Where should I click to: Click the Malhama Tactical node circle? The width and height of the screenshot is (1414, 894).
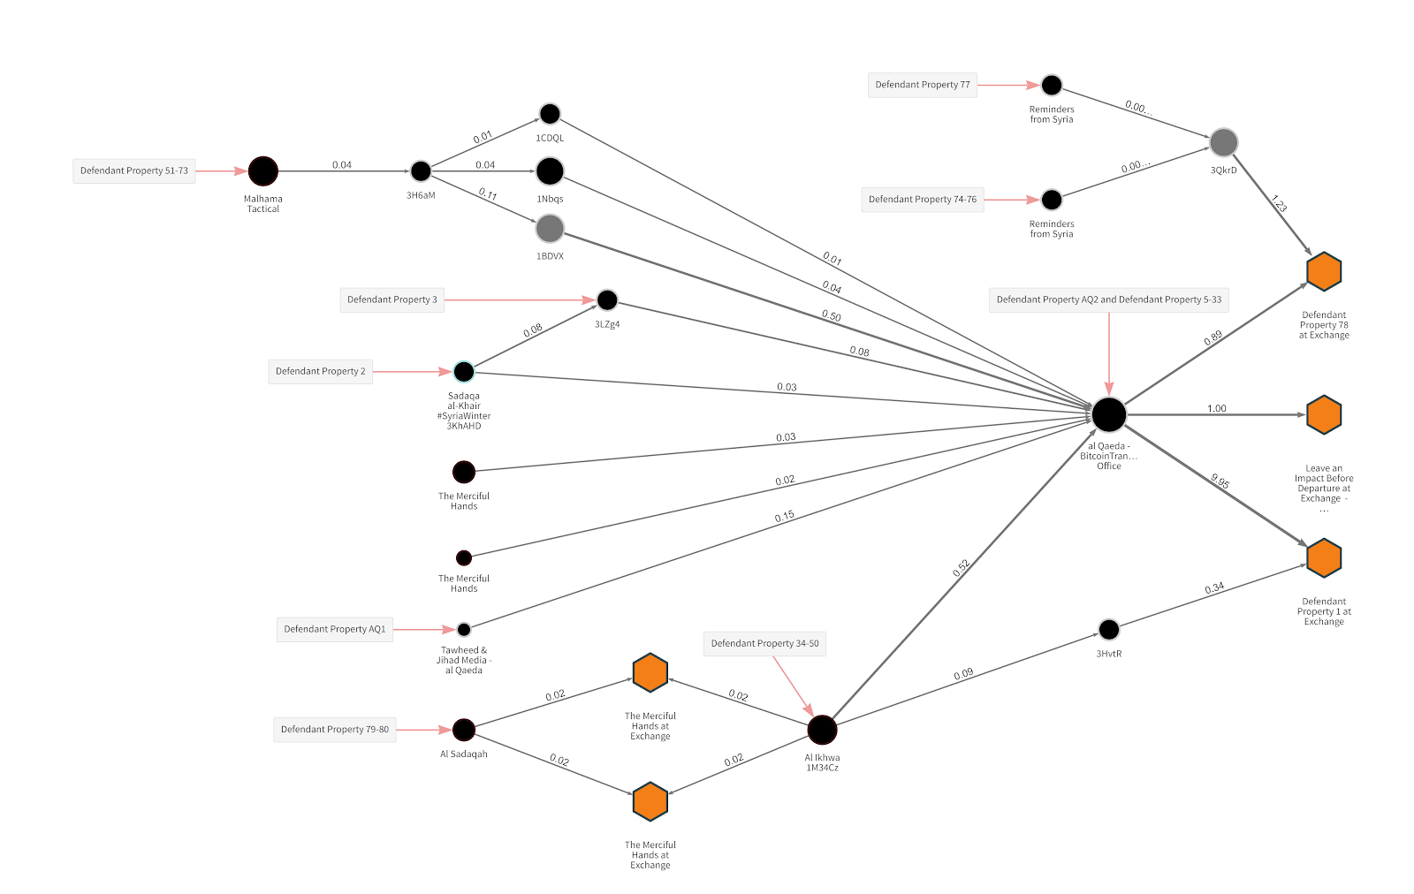[x=263, y=171]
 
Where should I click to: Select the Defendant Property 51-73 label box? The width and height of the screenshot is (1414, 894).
[x=134, y=171]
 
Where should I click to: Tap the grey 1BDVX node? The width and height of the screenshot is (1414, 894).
[x=550, y=229]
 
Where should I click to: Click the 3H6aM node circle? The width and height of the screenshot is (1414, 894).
[x=421, y=171]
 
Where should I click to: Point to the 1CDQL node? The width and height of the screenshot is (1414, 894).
[x=550, y=114]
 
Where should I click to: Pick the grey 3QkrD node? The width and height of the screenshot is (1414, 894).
[x=1223, y=142]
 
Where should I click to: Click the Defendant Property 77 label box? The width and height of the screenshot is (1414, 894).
[x=923, y=85]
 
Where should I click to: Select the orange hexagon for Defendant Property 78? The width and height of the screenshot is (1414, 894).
[x=1324, y=271]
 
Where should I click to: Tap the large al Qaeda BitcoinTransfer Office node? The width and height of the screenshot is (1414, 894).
[x=1109, y=414]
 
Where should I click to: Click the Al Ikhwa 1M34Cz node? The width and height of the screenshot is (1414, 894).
[x=822, y=731]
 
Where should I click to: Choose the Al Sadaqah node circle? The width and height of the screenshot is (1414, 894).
[x=464, y=730]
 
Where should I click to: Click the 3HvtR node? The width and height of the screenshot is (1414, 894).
[x=1109, y=630]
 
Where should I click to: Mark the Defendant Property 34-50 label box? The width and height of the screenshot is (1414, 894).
[x=765, y=644]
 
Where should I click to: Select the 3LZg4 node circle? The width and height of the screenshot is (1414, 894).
[x=607, y=300]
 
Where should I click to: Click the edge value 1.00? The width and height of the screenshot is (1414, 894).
[x=1217, y=408]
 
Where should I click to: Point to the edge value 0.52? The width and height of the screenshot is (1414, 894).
[x=962, y=568]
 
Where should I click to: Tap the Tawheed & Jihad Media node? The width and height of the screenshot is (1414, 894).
[x=464, y=630]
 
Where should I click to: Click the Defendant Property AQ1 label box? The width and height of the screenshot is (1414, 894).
[x=335, y=630]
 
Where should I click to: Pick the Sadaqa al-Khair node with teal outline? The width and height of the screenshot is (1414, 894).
[x=464, y=372]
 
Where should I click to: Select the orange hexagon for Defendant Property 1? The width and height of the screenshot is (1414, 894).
[x=1324, y=558]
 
